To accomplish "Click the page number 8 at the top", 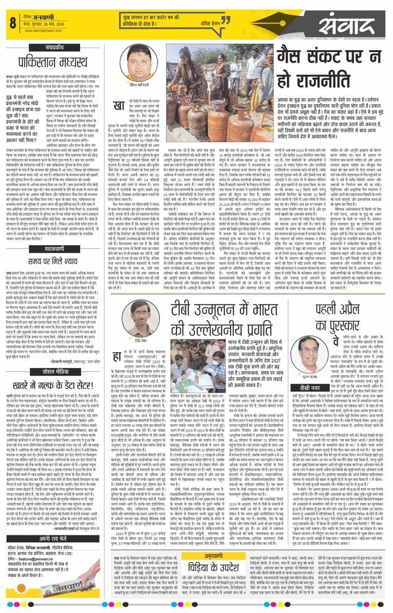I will point(12,23).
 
